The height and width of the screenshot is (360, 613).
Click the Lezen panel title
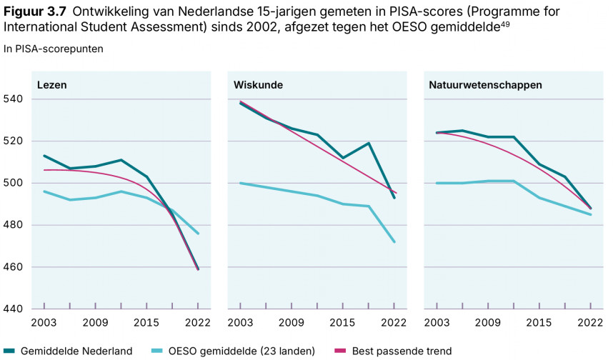[51, 84]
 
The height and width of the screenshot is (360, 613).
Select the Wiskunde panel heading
[258, 84]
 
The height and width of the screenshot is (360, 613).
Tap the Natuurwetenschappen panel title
[485, 84]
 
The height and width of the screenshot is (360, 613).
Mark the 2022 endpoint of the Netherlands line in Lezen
[197, 269]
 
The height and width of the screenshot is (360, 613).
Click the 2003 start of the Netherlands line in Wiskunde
[240, 103]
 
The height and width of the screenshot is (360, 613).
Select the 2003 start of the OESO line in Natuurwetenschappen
[436, 183]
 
